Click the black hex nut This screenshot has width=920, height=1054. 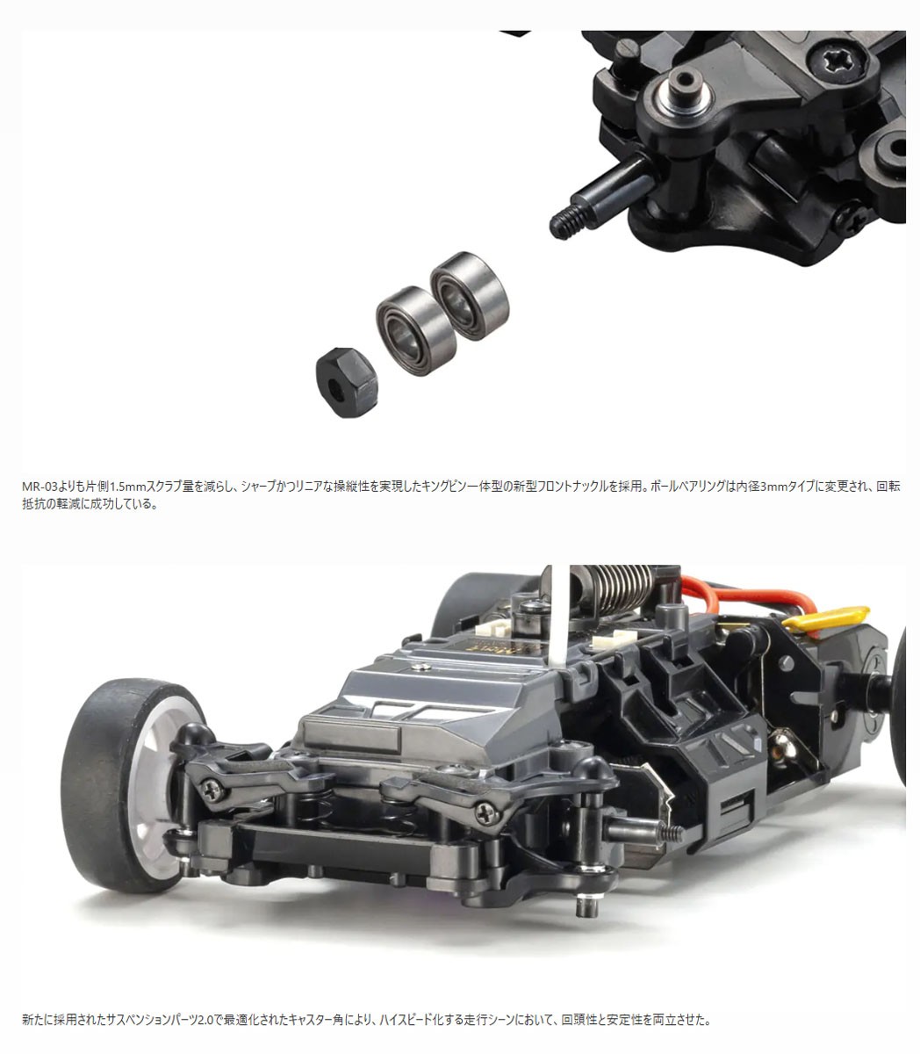click(x=347, y=382)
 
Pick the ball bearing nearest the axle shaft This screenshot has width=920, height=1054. click(x=470, y=295)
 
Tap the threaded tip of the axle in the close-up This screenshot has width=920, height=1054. click(x=566, y=222)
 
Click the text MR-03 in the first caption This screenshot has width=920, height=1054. click(x=39, y=486)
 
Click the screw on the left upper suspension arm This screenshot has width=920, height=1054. click(x=213, y=789)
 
